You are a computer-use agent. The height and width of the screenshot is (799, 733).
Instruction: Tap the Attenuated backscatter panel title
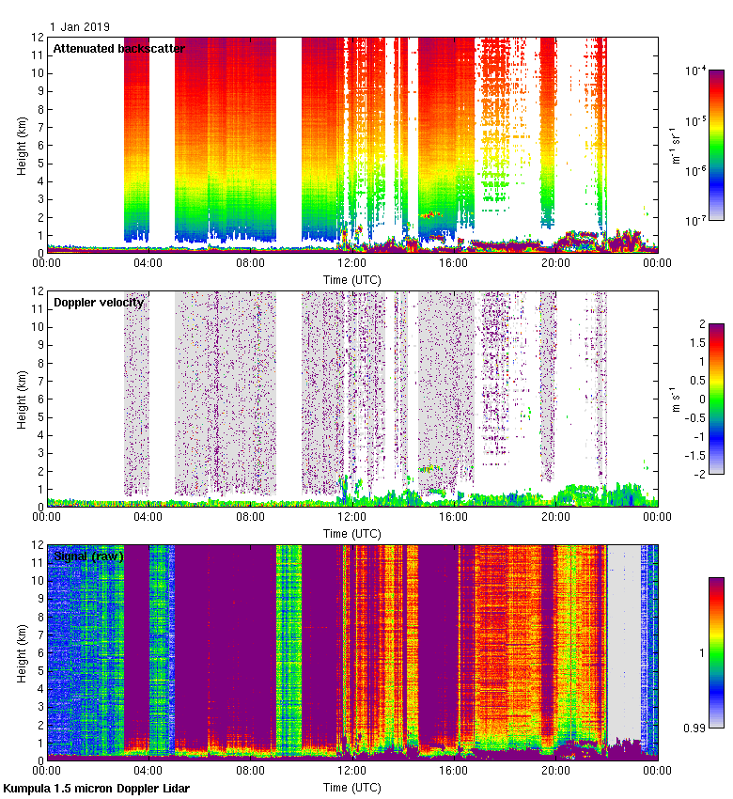coord(118,48)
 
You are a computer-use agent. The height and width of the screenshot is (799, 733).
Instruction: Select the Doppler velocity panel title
coord(99,302)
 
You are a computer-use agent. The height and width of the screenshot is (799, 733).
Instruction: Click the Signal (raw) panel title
coord(88,556)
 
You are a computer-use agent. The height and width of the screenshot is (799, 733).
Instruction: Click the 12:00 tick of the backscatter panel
coord(351,264)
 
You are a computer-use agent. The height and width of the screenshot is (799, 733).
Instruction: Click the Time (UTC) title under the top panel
coord(352,279)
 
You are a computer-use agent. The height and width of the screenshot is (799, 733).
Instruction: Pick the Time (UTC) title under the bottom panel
coord(352,787)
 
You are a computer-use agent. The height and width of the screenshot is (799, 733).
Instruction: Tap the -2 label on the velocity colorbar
coord(694,474)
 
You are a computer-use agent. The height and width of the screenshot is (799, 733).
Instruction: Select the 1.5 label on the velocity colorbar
coord(694,342)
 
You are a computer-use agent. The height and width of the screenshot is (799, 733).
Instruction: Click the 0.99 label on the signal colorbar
coord(695,728)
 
